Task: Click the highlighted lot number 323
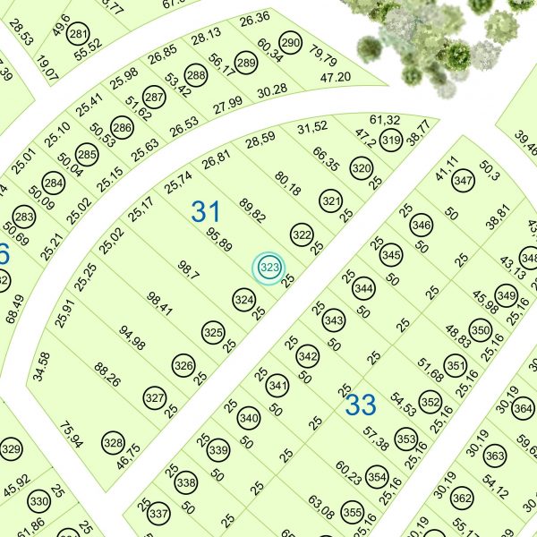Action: coord(269,267)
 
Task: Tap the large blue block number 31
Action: coord(206,212)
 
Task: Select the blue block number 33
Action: coord(361,405)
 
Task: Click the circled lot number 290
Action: coord(290,42)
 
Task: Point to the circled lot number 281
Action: coord(80,35)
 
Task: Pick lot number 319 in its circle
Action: coord(390,140)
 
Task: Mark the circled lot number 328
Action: coord(113,443)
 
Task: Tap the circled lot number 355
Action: coord(353,515)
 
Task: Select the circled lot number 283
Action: coord(24,217)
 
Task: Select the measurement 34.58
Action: coord(41,368)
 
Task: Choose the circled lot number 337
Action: coord(158,515)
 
